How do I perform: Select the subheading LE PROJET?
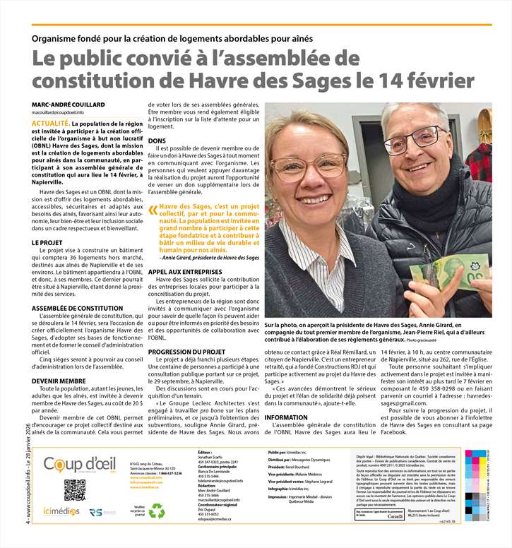pyautogui.click(x=47, y=242)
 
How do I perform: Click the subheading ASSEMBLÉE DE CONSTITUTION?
pyautogui.click(x=77, y=309)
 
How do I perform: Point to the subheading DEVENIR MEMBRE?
pyautogui.click(x=59, y=381)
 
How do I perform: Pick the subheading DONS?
pyautogui.click(x=157, y=141)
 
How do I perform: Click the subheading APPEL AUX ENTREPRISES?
pyautogui.click(x=185, y=271)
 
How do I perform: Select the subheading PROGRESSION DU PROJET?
pyautogui.click(x=187, y=352)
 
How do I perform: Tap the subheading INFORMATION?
pyautogui.click(x=286, y=418)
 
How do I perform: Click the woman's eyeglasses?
pyautogui.click(x=309, y=166)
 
